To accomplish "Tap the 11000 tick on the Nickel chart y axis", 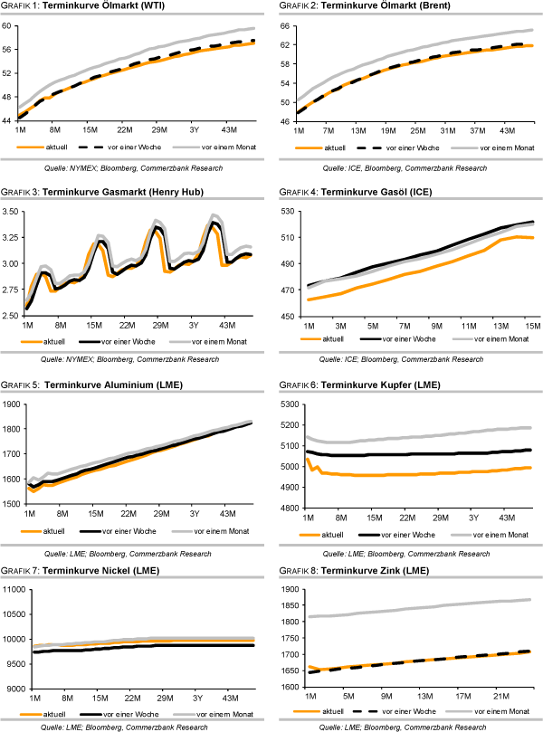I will [x=14, y=590].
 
